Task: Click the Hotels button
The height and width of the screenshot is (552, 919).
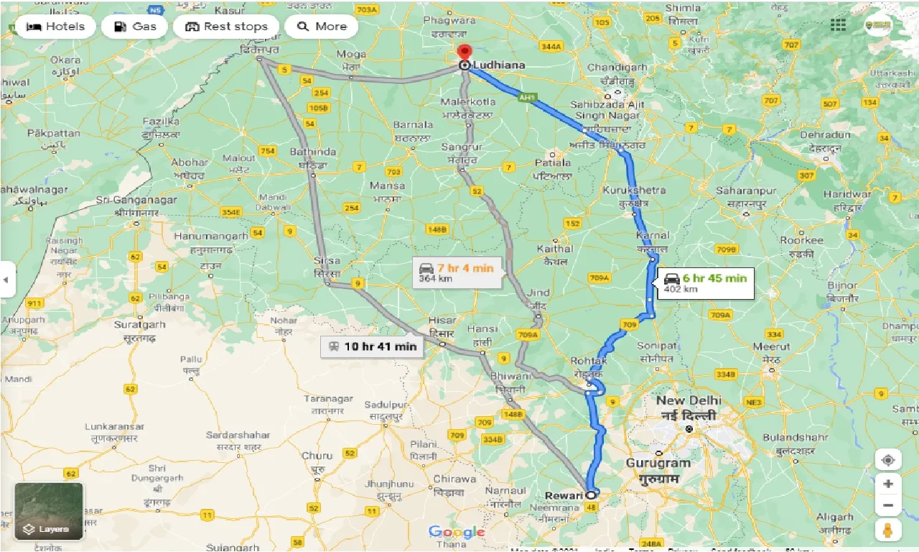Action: click(55, 27)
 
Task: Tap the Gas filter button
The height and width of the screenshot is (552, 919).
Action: click(134, 27)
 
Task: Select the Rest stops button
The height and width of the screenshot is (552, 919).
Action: click(226, 27)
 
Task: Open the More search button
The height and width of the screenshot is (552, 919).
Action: click(321, 27)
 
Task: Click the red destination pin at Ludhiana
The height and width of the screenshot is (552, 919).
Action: click(465, 53)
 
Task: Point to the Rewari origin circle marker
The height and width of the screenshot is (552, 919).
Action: click(591, 494)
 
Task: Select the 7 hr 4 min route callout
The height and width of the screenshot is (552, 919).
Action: click(457, 273)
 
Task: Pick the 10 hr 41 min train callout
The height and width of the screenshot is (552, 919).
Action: click(372, 346)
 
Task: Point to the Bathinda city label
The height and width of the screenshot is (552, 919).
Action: click(312, 152)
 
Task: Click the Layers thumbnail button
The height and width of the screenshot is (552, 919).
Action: click(49, 512)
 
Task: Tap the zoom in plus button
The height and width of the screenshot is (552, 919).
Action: click(888, 483)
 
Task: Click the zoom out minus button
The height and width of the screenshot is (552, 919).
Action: click(888, 505)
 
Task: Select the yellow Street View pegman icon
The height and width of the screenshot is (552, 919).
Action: click(888, 531)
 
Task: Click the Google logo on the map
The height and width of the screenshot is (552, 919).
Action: click(457, 532)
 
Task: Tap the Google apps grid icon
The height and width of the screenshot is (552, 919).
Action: click(838, 25)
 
